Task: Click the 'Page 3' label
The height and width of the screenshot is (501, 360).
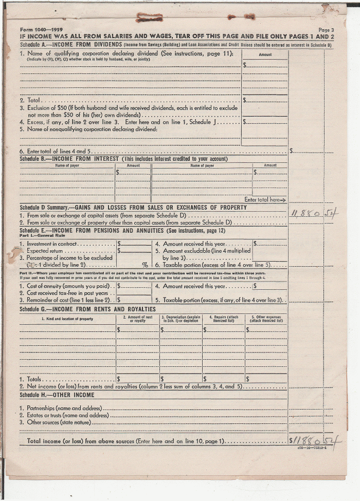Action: coord(326,30)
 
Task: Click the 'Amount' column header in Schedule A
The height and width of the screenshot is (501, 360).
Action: coord(265,54)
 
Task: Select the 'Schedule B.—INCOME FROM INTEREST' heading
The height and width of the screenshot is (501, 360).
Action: coord(69,159)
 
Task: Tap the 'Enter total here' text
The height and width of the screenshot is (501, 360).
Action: coord(265,199)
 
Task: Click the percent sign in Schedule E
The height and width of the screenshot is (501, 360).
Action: coord(145,265)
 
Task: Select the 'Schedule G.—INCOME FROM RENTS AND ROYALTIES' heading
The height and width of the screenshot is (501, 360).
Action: coord(87,309)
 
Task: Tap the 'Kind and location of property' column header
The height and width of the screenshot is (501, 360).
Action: coord(67,319)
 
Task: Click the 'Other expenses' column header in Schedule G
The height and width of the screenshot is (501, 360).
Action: coord(266,319)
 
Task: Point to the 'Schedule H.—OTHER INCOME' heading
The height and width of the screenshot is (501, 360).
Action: coord(57,395)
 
